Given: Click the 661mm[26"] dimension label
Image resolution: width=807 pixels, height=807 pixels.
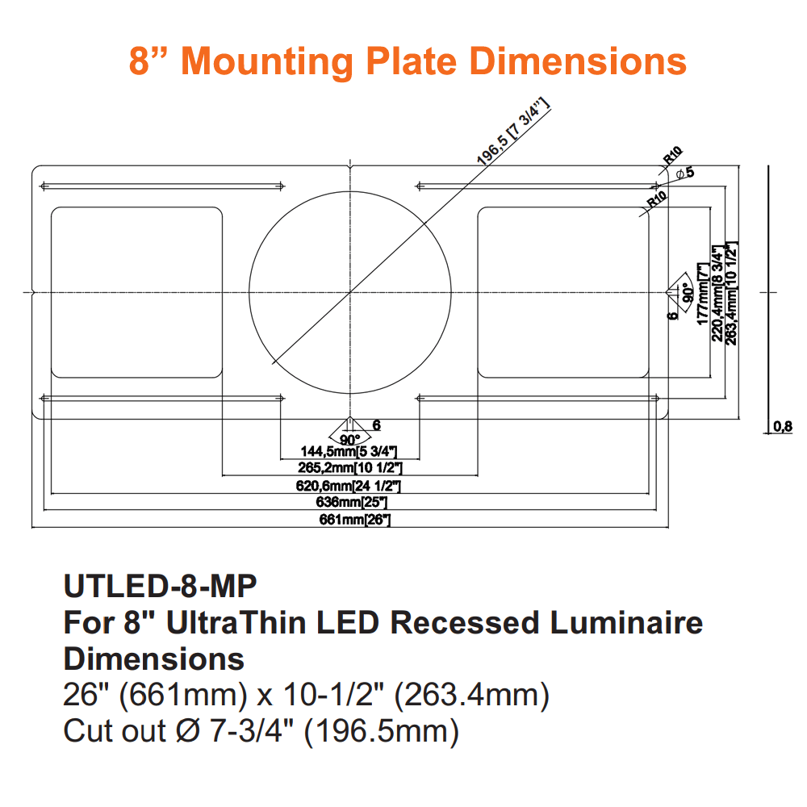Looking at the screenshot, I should [356, 520].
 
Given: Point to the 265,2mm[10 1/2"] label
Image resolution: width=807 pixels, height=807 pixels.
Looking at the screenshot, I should [350, 467].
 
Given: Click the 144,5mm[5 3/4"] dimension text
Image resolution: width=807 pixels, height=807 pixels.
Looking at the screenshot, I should [349, 451].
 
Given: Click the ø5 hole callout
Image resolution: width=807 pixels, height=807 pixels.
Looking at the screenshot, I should [685, 172].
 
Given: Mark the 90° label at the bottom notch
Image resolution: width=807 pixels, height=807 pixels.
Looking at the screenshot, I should [349, 440].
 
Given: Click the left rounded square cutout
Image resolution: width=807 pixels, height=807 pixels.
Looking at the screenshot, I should [136, 292].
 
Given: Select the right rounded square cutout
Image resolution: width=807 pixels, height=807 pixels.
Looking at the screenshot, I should [563, 292].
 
